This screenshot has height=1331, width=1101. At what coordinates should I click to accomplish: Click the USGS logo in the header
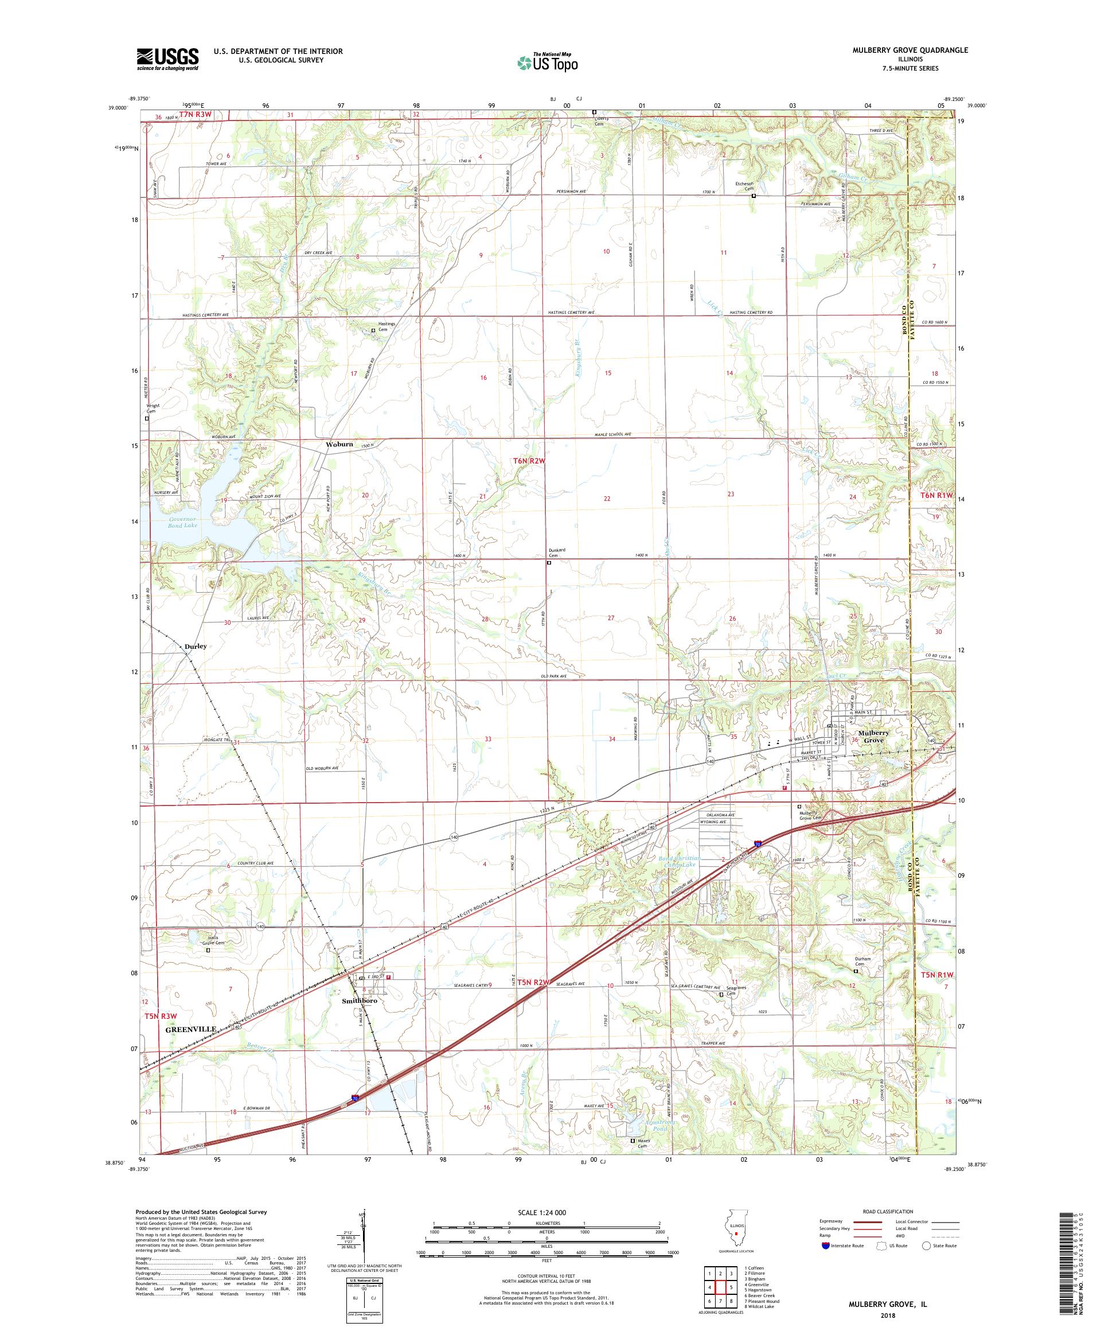click(168, 60)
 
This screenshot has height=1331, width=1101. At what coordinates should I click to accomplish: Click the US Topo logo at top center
click(548, 61)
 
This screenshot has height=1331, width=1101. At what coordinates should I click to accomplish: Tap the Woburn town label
click(339, 444)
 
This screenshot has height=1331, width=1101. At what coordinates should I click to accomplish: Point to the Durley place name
click(196, 646)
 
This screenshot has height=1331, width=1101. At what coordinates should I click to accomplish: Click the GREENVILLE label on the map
click(191, 1029)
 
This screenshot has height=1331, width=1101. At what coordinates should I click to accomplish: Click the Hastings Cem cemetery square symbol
click(373, 330)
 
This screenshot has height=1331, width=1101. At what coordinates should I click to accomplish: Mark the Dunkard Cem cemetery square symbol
click(549, 562)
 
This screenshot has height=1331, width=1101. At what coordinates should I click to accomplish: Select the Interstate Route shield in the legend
click(825, 1245)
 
